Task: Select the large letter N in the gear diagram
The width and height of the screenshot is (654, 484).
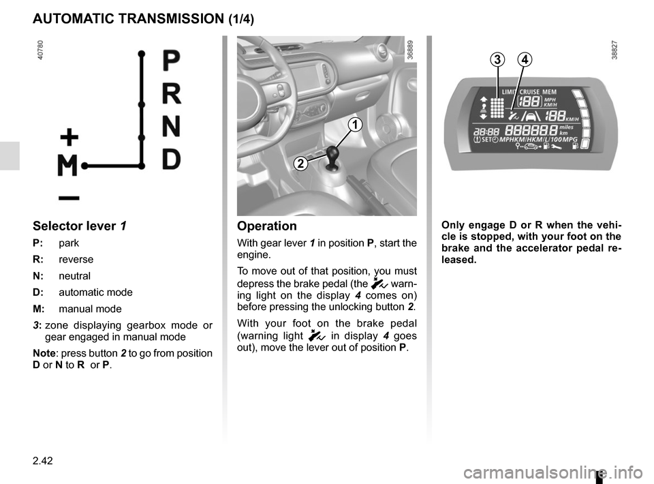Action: (x=172, y=127)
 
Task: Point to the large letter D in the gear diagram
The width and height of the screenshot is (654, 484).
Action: (x=172, y=159)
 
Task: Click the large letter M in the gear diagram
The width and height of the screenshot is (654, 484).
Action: (x=68, y=165)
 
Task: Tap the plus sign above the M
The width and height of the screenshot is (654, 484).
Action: (x=69, y=138)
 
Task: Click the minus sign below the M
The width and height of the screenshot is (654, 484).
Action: (x=68, y=198)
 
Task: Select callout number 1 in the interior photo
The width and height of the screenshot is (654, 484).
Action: (x=354, y=124)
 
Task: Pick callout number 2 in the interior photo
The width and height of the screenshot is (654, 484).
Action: (x=300, y=163)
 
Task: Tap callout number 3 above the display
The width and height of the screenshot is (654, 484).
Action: (x=498, y=60)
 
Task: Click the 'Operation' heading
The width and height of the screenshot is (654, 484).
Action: (x=267, y=226)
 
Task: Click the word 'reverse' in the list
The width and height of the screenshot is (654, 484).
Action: (x=76, y=260)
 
